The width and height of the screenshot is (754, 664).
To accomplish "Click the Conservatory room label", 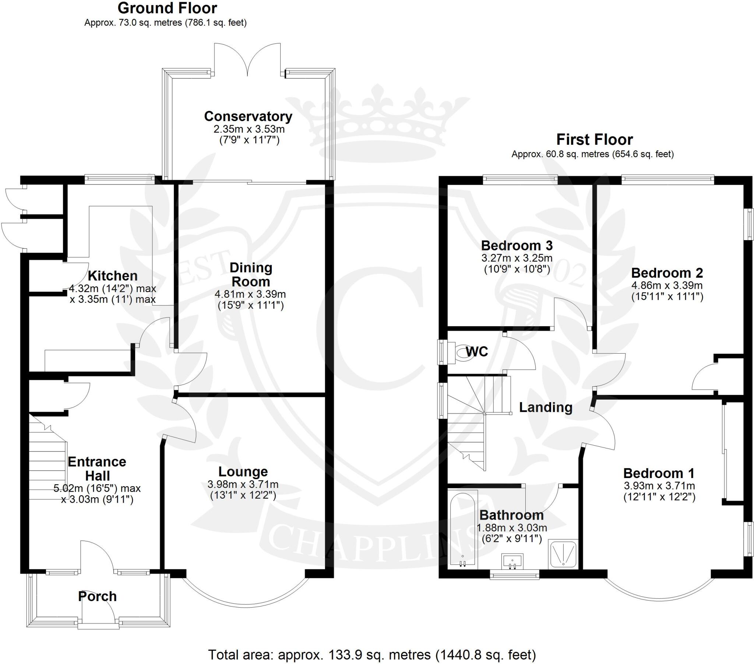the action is [x=248, y=117].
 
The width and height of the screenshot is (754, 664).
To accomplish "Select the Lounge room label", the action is [x=243, y=472].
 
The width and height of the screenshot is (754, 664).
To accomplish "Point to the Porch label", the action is [x=98, y=597].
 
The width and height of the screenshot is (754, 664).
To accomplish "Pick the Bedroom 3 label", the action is [x=517, y=245].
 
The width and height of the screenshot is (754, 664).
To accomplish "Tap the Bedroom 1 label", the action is [x=659, y=473].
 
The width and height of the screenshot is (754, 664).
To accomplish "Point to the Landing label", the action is [x=546, y=407].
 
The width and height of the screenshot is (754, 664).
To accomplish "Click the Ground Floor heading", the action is [x=167, y=8].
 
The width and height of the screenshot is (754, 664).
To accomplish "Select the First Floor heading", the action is [x=594, y=140].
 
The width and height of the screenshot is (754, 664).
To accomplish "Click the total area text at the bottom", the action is [x=372, y=655].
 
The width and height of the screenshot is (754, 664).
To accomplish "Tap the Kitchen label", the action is [x=113, y=276].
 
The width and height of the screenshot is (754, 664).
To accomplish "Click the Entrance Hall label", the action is [x=97, y=469].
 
